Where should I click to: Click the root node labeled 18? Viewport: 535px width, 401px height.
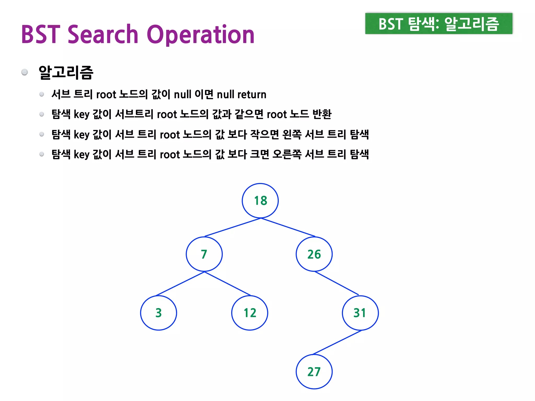point(260,200)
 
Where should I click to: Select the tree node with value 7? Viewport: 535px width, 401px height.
point(204,254)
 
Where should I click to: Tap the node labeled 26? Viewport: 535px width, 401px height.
point(314,254)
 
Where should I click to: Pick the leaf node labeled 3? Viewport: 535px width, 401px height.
point(159,313)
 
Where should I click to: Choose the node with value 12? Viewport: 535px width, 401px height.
point(250,313)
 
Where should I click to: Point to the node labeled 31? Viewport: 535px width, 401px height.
point(360,313)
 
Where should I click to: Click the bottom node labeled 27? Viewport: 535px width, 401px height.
point(314,371)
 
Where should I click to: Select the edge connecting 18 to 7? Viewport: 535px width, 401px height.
point(232,227)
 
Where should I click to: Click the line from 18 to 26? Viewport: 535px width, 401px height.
point(288,227)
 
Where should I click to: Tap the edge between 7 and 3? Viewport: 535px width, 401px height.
point(180,284)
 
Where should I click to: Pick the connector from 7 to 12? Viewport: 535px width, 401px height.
point(227,284)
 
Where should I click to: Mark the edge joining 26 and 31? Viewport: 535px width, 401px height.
point(337,283)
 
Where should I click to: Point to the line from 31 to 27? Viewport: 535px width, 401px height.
point(337,342)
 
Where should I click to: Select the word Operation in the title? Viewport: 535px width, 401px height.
point(200,35)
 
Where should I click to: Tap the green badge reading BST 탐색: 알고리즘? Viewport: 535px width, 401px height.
point(439,23)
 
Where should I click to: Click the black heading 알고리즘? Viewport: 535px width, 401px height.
point(66,72)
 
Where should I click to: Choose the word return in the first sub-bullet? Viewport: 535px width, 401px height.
point(252,95)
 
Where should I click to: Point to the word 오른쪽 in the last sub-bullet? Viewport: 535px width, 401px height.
point(287,154)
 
